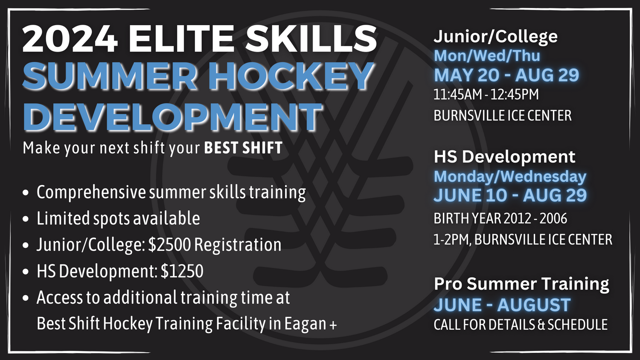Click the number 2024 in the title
click(x=70, y=38)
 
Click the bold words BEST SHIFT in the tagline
click(x=243, y=148)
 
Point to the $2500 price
click(x=169, y=245)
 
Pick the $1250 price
click(x=182, y=271)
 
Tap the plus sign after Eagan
click(x=333, y=325)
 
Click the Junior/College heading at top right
click(x=495, y=37)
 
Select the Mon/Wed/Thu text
click(x=487, y=56)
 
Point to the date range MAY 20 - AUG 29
click(x=506, y=75)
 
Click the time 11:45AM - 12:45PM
click(x=486, y=94)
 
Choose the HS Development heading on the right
click(x=504, y=157)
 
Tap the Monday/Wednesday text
click(x=510, y=176)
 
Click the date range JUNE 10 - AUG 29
click(x=510, y=195)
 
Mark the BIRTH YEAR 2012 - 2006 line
click(x=500, y=218)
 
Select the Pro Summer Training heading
click(x=521, y=284)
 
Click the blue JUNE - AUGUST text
click(x=502, y=305)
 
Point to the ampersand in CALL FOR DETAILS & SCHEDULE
click(x=541, y=325)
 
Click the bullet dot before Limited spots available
click(x=26, y=219)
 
